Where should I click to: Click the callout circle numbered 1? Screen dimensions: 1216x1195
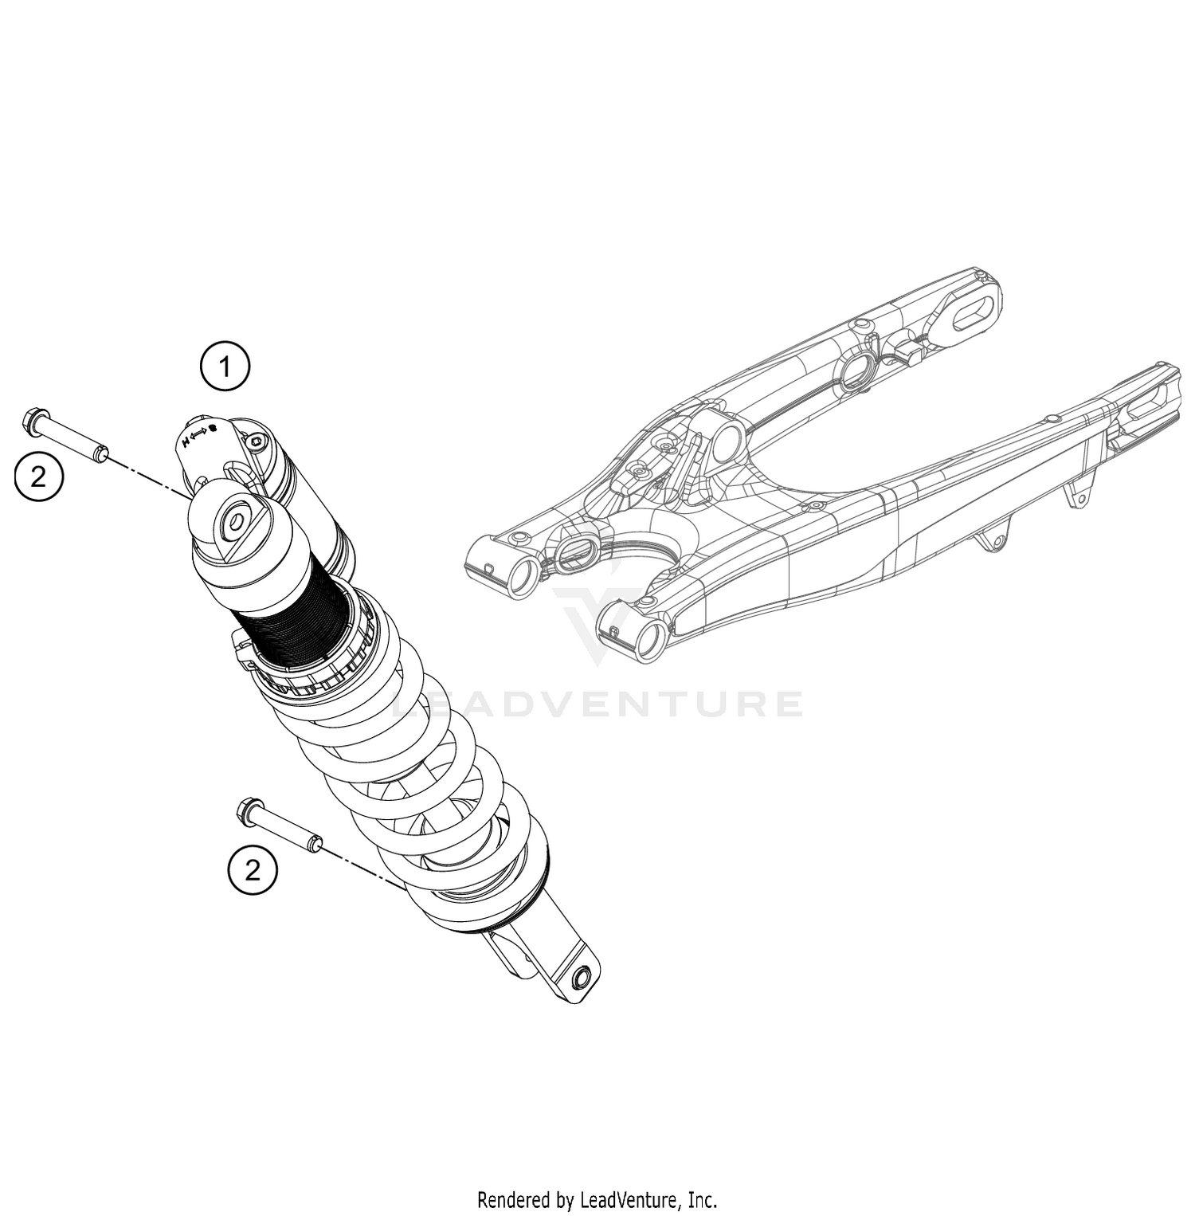225,367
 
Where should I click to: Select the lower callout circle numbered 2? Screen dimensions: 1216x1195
253,869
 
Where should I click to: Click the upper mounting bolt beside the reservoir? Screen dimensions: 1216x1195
68,435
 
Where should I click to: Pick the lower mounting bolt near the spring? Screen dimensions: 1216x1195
279,827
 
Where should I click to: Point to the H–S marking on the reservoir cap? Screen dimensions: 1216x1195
199,435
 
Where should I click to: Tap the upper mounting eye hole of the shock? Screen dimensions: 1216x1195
235,523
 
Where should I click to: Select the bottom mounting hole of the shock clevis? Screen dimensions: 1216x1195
583,977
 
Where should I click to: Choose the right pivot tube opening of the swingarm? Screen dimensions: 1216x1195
651,638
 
